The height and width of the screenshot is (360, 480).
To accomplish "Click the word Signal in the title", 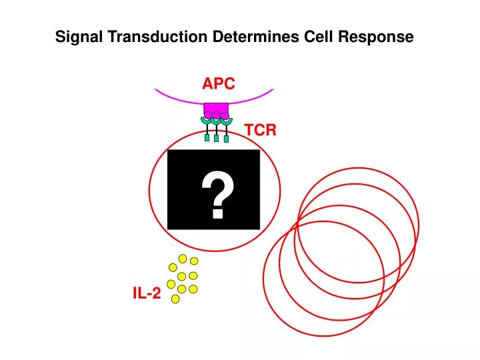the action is [79, 37].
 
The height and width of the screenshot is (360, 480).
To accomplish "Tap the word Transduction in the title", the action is [157, 37].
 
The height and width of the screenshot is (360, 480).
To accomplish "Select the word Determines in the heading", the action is [255, 37].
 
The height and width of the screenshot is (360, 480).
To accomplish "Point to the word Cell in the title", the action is [319, 37].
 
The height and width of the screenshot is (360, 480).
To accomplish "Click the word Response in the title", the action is [376, 37].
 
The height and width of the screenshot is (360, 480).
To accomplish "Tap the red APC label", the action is [219, 83].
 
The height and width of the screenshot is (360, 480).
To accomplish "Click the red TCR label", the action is [261, 130].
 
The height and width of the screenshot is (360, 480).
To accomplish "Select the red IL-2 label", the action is [147, 293].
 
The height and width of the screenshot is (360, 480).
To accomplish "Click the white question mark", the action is [217, 195].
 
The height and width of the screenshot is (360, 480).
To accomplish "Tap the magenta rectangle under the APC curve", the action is [216, 109].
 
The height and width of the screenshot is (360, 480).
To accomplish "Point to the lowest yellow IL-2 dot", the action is [175, 299].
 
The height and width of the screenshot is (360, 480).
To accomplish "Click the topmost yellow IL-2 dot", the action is [183, 259].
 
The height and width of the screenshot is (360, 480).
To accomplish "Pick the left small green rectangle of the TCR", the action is [207, 138].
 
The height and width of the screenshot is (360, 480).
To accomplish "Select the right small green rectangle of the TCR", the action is [226, 139].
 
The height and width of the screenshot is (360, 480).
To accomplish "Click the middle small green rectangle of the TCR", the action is [217, 139].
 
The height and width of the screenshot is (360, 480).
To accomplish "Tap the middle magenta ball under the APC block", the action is [217, 116].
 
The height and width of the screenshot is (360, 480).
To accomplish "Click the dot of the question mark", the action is [217, 213].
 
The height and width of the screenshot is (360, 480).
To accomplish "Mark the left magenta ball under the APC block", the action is [208, 115].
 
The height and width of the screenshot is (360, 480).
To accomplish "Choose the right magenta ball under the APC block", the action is [225, 116].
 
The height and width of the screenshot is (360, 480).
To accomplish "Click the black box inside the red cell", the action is [214, 189].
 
